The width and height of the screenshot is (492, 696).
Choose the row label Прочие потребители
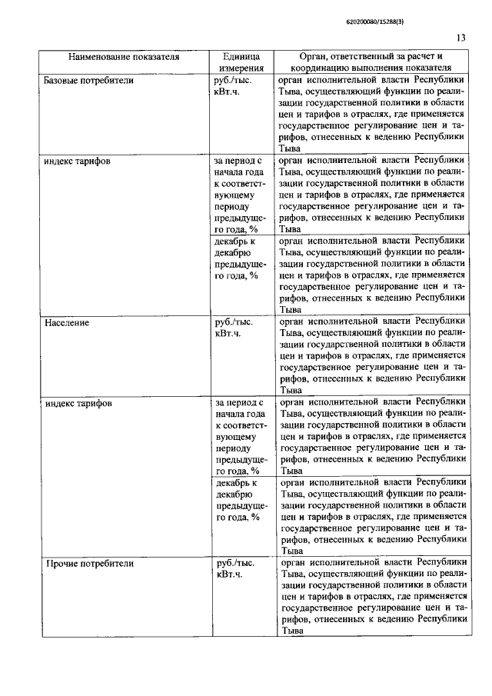coord(89,563)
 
